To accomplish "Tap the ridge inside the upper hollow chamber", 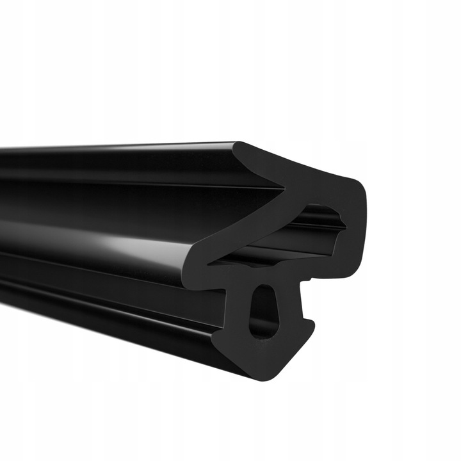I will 327,218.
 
